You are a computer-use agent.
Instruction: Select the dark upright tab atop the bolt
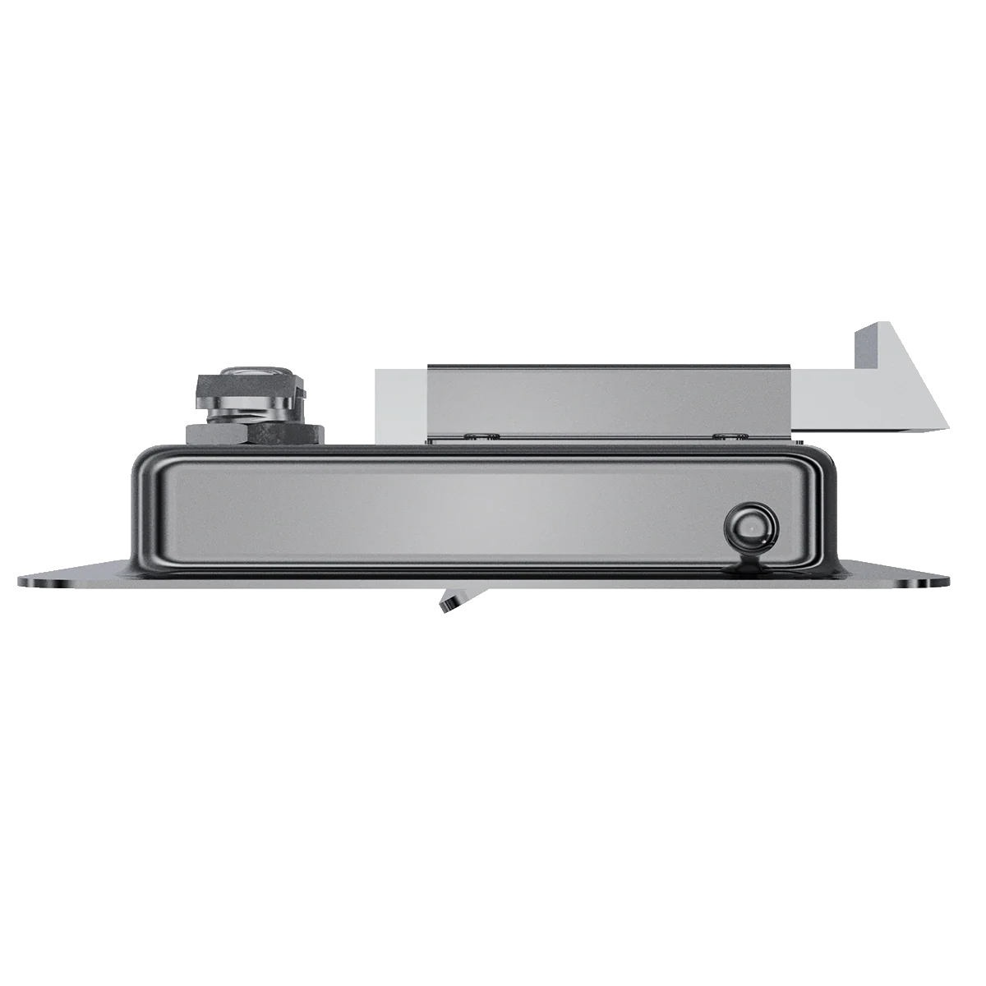pos(866,345)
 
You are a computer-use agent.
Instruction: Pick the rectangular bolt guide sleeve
pos(608,403)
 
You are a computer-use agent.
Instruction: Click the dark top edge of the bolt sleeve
pos(608,365)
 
